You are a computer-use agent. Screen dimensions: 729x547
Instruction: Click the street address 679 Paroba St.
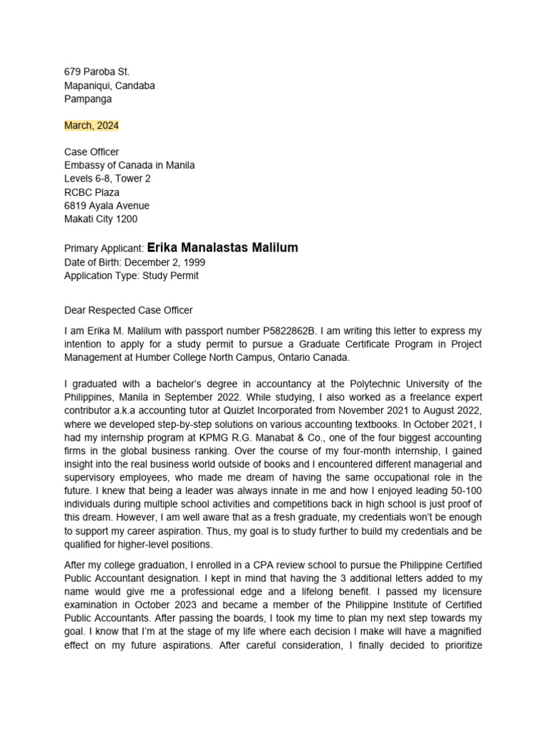[97, 72]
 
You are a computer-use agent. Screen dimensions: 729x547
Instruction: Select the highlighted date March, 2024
[91, 125]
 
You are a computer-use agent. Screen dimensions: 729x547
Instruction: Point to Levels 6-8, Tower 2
[107, 179]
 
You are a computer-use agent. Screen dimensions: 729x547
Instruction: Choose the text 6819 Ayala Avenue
[107, 206]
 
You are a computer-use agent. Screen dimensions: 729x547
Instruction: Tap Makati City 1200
[100, 219]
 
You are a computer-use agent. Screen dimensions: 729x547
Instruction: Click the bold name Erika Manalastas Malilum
[222, 248]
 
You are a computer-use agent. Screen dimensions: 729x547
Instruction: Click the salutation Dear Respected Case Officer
[128, 310]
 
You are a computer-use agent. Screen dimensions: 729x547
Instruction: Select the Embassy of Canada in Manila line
[129, 165]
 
